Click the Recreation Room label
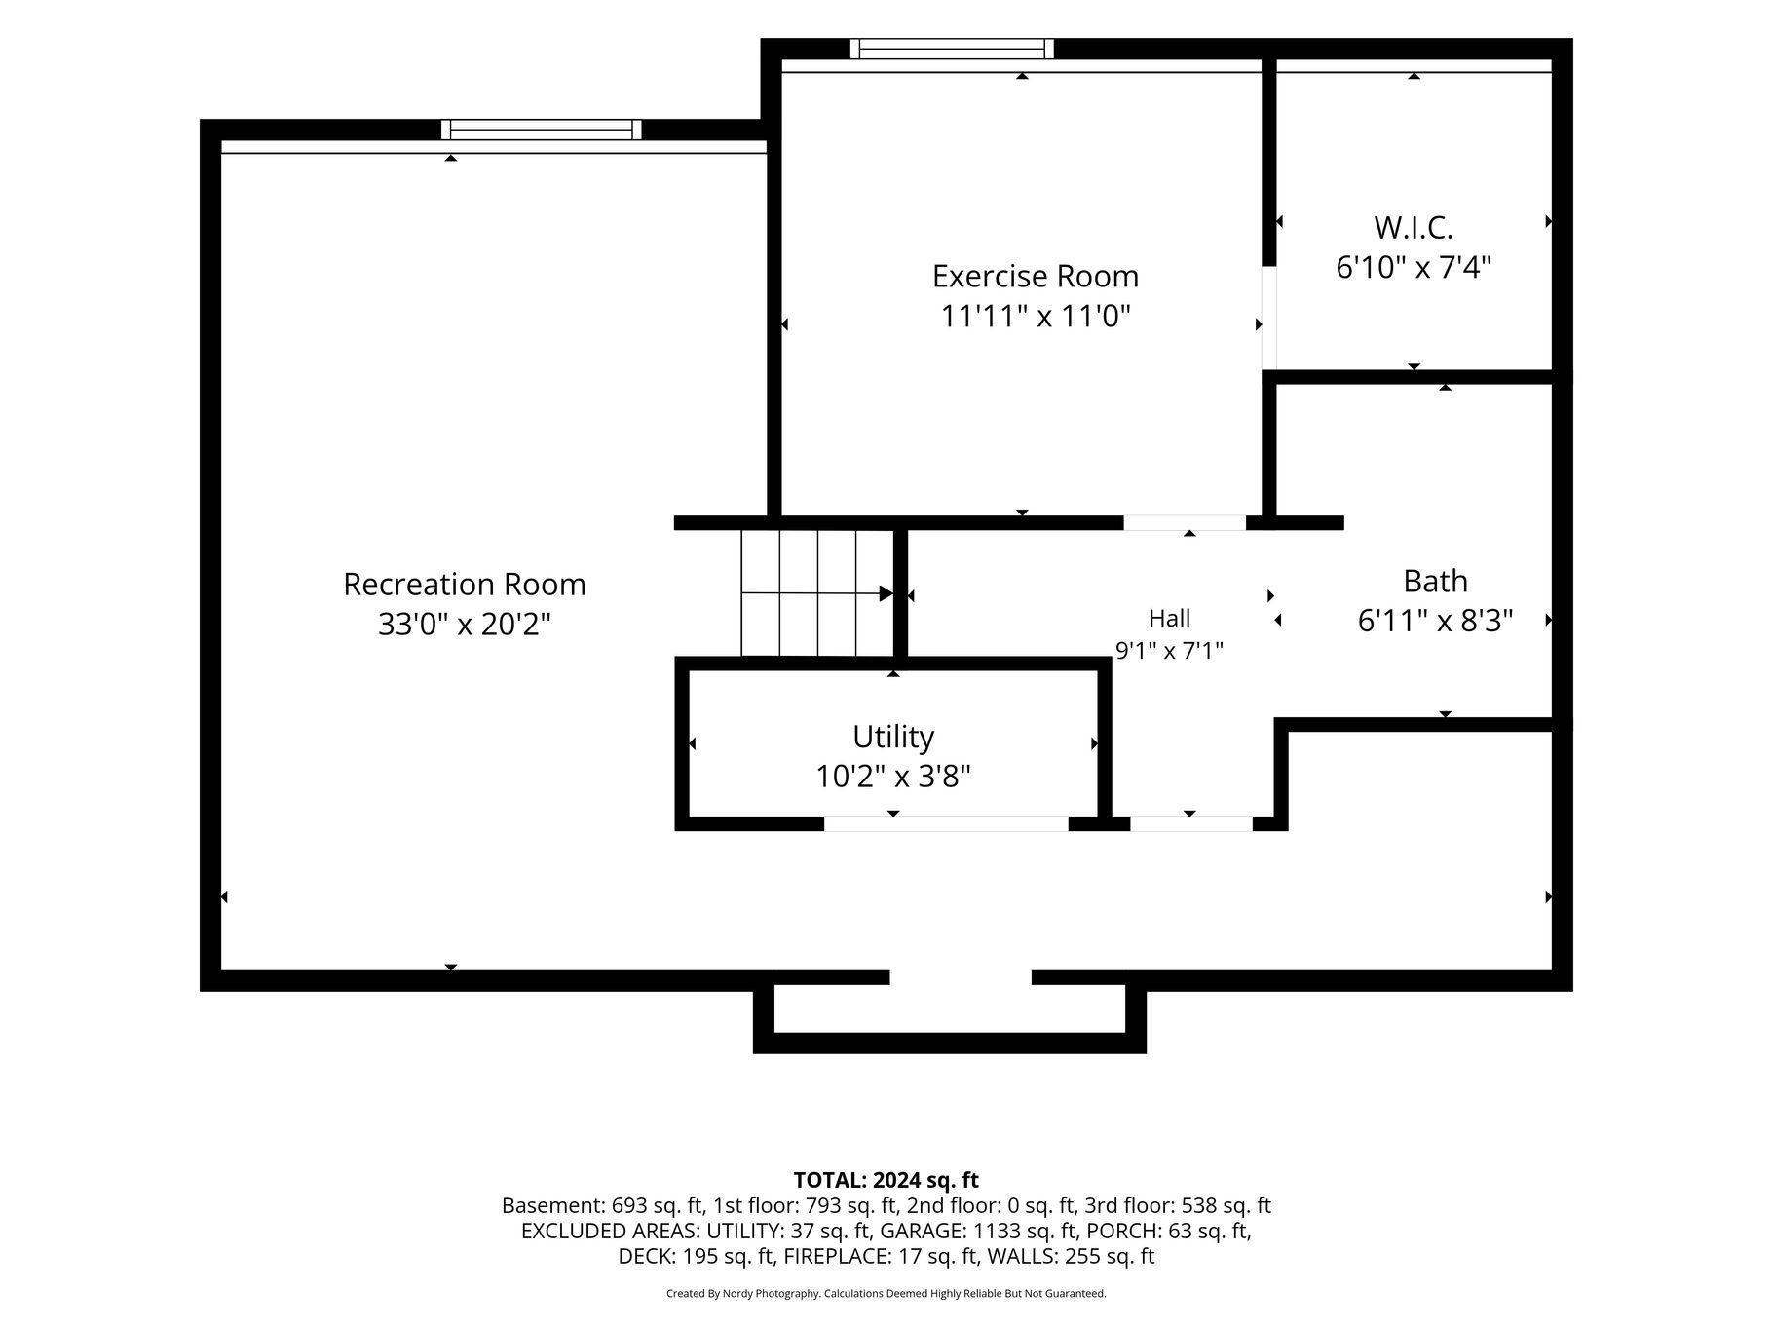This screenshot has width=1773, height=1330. tap(465, 585)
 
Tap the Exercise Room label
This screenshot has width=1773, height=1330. tap(1036, 277)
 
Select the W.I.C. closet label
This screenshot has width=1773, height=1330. tap(1414, 228)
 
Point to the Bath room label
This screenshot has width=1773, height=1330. tap(1435, 582)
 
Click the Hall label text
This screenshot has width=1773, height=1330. tap(1169, 618)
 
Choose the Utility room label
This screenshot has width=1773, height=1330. tap(893, 737)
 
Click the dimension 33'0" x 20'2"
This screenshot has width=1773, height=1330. tap(465, 624)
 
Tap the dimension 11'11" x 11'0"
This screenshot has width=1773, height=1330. tap(1036, 317)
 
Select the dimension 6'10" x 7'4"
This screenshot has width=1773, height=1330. tap(1414, 267)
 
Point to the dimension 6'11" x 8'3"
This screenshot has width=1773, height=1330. tap(1435, 621)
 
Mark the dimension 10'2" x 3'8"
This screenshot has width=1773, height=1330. tap(893, 777)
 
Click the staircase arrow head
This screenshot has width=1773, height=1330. tap(886, 593)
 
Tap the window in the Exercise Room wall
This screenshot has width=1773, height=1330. tap(952, 49)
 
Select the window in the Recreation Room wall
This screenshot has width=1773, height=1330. tap(542, 130)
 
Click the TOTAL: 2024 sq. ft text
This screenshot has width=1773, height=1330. tap(886, 1181)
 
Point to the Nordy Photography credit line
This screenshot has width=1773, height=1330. tap(886, 1294)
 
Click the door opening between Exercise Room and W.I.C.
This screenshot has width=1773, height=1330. tap(1269, 318)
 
